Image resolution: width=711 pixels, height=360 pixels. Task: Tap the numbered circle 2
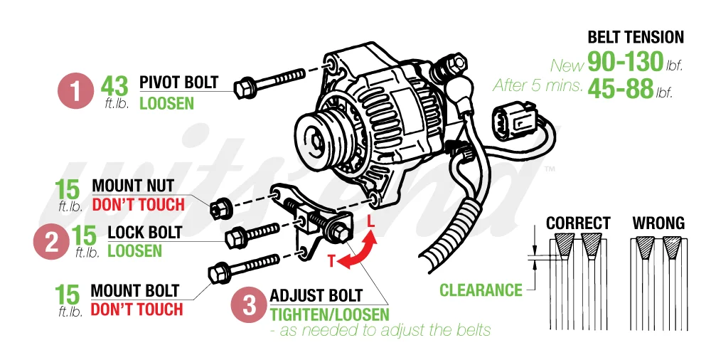(x=52, y=240)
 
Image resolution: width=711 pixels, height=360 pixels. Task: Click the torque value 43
(x=114, y=86)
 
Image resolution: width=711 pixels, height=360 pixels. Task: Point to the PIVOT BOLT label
(x=178, y=82)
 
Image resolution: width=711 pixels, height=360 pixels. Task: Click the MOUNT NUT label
(x=134, y=186)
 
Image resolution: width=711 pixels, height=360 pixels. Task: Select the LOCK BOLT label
(x=144, y=233)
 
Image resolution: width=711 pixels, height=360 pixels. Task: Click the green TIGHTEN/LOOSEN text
(x=329, y=314)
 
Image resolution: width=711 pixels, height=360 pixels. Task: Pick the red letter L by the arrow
(x=370, y=222)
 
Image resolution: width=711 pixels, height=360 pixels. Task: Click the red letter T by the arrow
(x=331, y=261)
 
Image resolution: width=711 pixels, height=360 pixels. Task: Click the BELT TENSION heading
(x=636, y=38)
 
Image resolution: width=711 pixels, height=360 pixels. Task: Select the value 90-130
(x=625, y=63)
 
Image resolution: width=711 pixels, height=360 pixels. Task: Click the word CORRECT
(x=578, y=223)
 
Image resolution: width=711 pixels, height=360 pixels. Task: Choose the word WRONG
(x=658, y=223)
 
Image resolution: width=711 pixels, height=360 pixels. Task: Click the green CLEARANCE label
(x=481, y=290)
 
